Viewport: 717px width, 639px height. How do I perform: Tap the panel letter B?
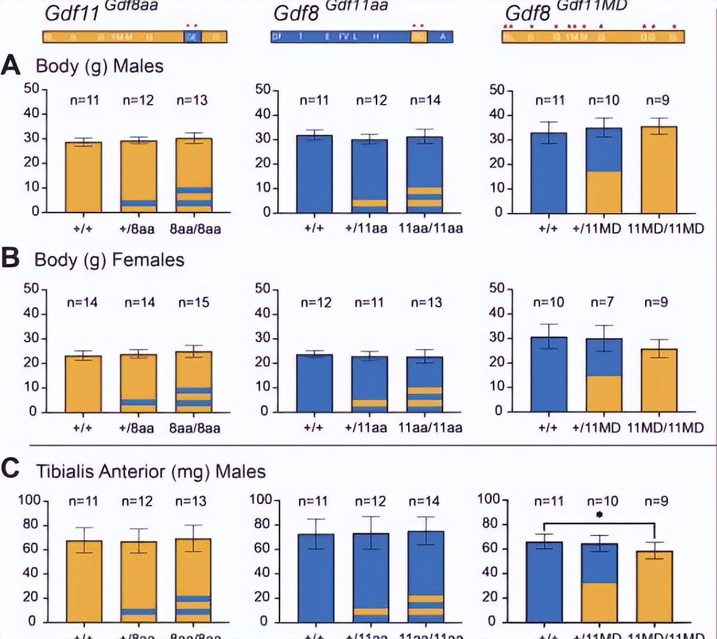pos(10,258)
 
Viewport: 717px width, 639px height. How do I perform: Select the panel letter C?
pos(11,470)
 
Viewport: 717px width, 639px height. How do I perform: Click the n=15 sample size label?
pos(194,303)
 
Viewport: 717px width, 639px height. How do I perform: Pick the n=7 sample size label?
pos(602,303)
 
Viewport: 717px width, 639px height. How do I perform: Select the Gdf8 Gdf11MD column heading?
pos(565,12)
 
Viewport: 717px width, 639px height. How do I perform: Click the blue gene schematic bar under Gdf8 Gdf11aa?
pos(361,36)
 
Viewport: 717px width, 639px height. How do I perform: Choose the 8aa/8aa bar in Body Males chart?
pos(194,175)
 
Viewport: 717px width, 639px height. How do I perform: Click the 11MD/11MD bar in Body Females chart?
pos(658,381)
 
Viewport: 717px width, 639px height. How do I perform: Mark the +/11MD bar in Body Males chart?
pos(603,171)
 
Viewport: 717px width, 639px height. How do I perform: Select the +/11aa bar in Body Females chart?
pos(369,384)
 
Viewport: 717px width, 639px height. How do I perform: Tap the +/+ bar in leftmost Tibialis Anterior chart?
pos(83,581)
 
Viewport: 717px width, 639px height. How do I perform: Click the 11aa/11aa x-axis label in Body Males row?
pos(430,228)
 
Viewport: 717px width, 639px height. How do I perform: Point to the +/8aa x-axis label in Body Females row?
pos(137,428)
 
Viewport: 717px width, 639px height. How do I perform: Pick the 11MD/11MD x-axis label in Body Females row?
pos(666,428)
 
